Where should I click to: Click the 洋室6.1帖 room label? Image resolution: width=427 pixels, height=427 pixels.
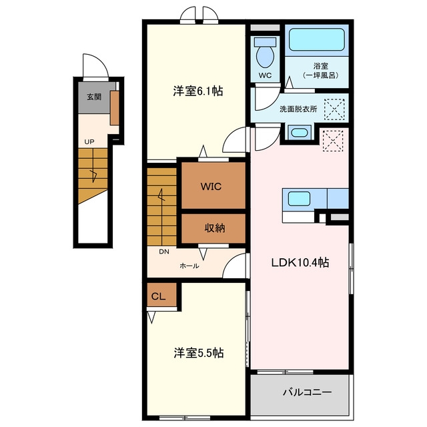click(x=198, y=91)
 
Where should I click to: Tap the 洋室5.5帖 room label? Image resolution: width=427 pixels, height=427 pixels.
click(x=199, y=353)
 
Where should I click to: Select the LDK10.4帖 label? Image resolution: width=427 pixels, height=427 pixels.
click(x=300, y=262)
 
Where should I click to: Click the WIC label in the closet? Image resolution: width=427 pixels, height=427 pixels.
click(x=211, y=187)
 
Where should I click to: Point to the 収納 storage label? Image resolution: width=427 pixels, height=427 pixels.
click(x=215, y=228)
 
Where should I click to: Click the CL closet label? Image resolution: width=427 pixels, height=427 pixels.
click(x=159, y=296)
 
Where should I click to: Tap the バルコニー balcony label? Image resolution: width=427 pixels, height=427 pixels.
click(x=307, y=392)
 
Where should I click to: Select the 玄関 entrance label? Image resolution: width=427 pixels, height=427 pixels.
click(x=94, y=97)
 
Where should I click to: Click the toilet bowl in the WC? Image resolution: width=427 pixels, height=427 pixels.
click(x=266, y=57)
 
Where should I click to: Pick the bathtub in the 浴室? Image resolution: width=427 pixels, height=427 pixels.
click(x=317, y=40)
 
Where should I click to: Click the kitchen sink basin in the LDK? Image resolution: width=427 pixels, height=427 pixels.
click(x=299, y=199)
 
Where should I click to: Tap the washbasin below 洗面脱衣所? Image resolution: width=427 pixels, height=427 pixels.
click(x=300, y=133)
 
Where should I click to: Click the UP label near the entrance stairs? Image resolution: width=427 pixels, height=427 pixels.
click(x=89, y=141)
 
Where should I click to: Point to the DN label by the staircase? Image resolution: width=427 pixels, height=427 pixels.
click(x=164, y=252)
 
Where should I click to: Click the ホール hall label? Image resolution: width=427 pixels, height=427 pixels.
click(x=189, y=266)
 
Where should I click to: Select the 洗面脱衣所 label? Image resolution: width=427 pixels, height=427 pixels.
click(x=298, y=109)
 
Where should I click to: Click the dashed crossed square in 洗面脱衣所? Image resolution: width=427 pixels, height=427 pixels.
click(x=335, y=109)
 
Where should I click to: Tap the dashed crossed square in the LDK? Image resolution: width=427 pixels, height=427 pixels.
click(x=333, y=141)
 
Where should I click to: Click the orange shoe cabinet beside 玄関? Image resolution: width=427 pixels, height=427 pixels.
click(x=115, y=108)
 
